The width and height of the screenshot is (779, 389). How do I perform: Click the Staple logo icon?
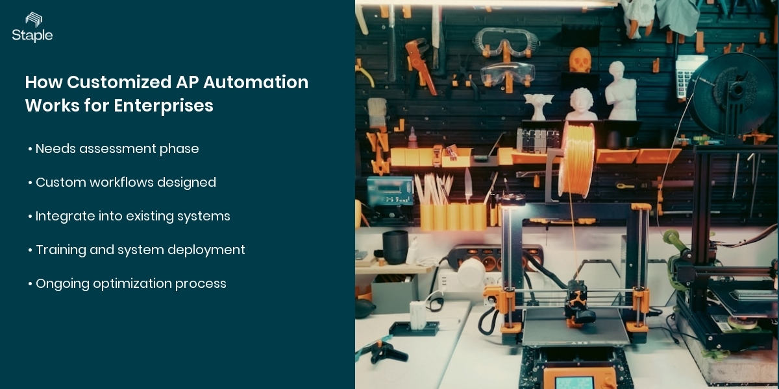pyautogui.click(x=32, y=19)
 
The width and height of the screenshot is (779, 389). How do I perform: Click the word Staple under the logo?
pyautogui.click(x=32, y=36)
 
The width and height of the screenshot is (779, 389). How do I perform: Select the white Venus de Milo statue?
pyautogui.click(x=621, y=91)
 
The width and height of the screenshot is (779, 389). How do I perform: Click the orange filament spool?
pyautogui.click(x=576, y=159)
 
